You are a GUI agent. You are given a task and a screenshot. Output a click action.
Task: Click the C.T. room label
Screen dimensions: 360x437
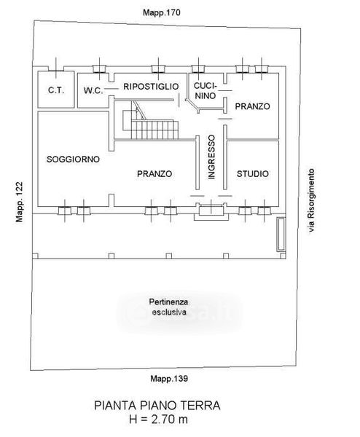click(56, 90)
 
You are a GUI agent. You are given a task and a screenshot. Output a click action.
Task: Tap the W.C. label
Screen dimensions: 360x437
click(93, 90)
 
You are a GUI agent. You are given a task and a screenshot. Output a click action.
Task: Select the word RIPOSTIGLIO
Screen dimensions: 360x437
click(151, 87)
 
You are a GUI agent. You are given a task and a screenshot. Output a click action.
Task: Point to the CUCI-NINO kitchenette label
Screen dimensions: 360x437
click(206, 90)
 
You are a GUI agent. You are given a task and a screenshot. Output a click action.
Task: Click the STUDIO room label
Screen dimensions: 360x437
click(253, 173)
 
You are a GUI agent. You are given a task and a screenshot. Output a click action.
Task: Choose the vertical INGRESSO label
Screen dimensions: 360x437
click(211, 157)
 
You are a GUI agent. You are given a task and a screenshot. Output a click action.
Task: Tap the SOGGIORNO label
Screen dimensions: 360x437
click(73, 159)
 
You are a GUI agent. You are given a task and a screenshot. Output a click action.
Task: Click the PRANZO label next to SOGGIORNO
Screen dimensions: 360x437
click(154, 173)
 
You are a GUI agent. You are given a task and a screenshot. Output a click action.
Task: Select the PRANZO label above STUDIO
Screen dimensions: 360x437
click(252, 106)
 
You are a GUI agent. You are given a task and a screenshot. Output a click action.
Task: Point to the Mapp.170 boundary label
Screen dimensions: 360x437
click(162, 12)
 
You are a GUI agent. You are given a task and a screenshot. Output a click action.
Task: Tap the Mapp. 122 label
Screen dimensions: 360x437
click(19, 202)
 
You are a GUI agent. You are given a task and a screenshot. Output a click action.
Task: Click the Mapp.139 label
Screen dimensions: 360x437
click(169, 379)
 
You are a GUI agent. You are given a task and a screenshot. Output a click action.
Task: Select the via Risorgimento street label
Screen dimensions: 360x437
click(311, 201)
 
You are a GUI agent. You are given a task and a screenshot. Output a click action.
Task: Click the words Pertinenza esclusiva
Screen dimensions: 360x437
click(169, 307)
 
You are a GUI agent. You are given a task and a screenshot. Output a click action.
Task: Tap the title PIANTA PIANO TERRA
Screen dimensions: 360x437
click(157, 405)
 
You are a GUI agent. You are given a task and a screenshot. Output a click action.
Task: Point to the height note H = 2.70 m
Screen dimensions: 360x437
click(158, 420)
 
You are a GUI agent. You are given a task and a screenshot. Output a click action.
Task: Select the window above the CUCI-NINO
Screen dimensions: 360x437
click(198, 69)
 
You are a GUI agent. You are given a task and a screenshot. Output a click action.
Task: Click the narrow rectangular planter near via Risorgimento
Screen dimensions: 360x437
click(281, 234)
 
